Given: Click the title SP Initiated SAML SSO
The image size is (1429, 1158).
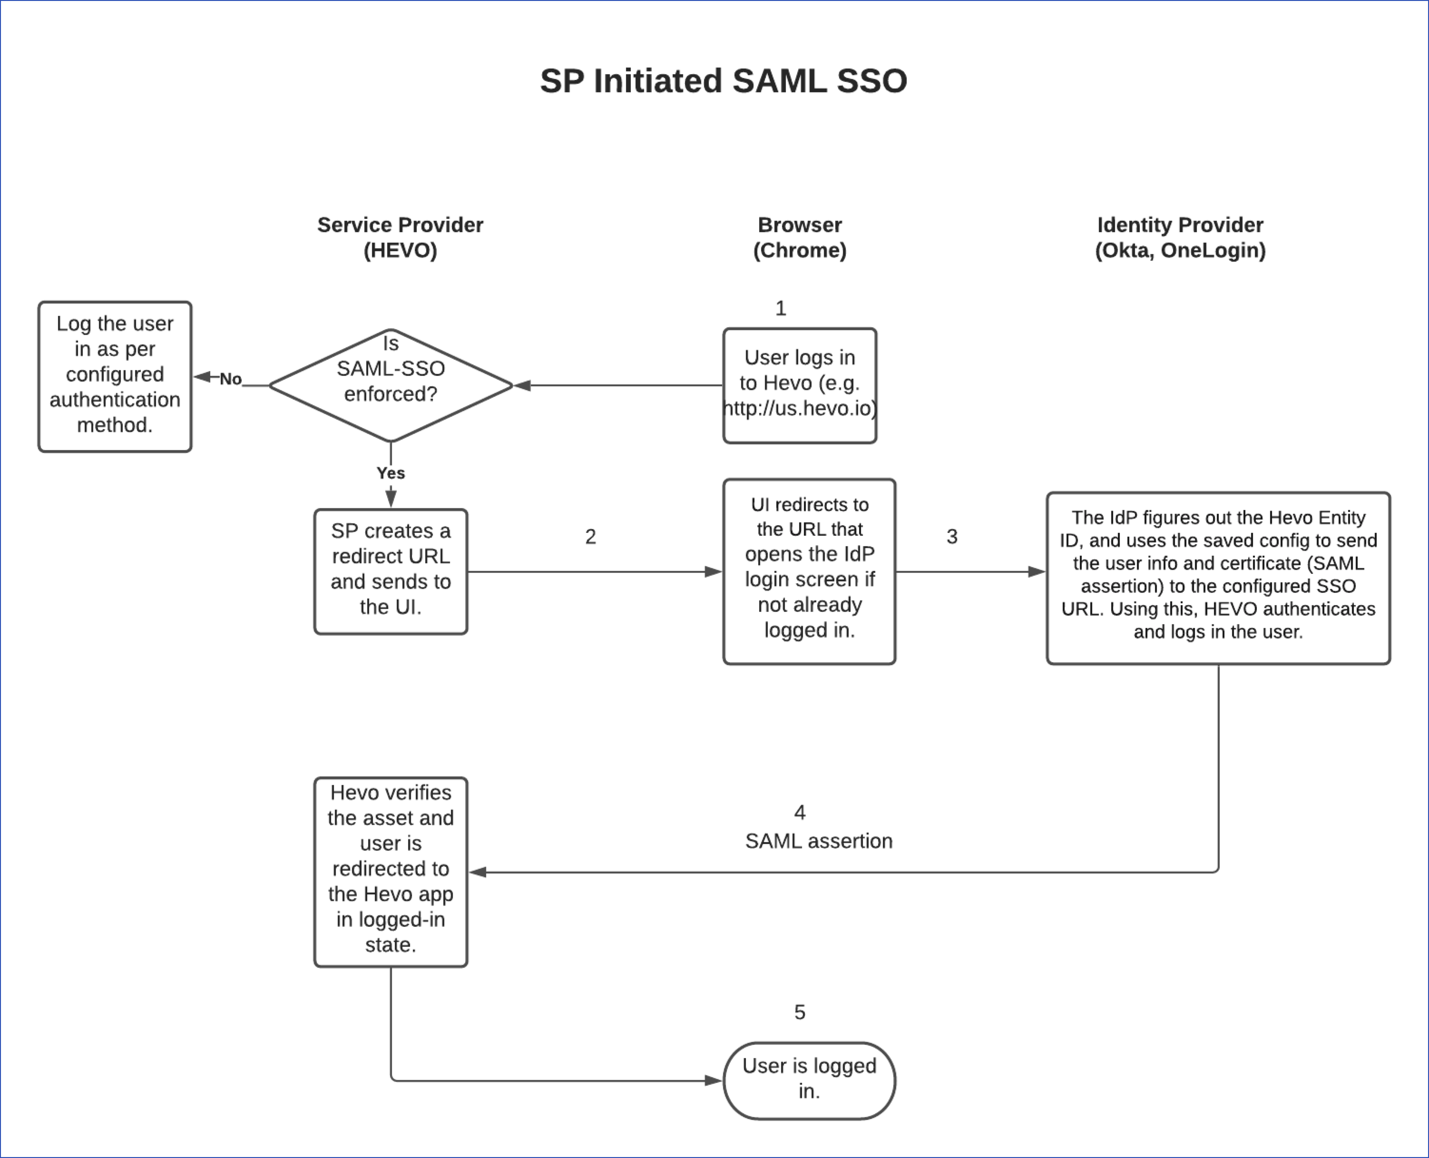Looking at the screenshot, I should [723, 81].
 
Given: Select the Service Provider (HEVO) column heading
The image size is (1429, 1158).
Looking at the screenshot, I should [400, 237].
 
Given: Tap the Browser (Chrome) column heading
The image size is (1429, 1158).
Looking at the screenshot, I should [800, 237].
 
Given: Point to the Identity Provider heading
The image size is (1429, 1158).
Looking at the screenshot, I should [1180, 237].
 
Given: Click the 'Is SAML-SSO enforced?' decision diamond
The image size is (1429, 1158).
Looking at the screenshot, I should [391, 385].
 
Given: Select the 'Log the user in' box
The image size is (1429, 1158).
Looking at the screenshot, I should [115, 376].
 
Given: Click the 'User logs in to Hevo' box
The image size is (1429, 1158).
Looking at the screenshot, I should [800, 385].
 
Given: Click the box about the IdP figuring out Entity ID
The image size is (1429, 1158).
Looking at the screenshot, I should [1218, 578].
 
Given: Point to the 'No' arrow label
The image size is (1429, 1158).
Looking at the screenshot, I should [230, 379].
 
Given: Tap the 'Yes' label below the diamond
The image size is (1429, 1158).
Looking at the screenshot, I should [391, 473].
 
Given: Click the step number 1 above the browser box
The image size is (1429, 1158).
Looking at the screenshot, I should [781, 308].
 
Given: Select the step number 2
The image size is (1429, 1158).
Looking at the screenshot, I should [590, 536].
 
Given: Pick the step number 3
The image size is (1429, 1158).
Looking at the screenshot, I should [952, 536].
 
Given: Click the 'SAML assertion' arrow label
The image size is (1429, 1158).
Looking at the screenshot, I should [818, 841].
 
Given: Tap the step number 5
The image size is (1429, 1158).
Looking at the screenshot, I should [800, 1012].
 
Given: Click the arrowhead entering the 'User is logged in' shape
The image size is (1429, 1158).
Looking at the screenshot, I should [714, 1080].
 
